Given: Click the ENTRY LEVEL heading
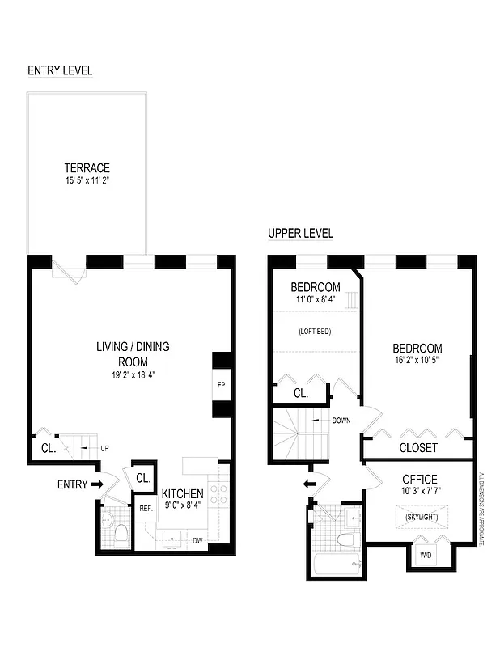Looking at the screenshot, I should pyautogui.click(x=60, y=70).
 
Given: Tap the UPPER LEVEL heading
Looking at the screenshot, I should pyautogui.click(x=300, y=234).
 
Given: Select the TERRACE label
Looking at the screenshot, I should pyautogui.click(x=87, y=168).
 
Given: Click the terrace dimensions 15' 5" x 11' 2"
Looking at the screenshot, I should pyautogui.click(x=87, y=181).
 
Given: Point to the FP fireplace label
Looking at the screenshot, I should pyautogui.click(x=221, y=385).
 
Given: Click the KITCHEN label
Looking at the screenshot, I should pyautogui.click(x=182, y=494).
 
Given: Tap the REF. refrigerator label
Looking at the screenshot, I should pyautogui.click(x=146, y=509).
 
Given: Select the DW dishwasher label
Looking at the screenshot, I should pyautogui.click(x=197, y=540).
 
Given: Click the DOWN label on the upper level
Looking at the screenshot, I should pyautogui.click(x=341, y=421).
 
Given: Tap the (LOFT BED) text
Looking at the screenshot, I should pyautogui.click(x=316, y=332).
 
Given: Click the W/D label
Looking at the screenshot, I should pyautogui.click(x=426, y=556).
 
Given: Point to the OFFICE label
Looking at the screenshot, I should pyautogui.click(x=419, y=480).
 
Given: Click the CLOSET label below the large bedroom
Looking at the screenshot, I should pyautogui.click(x=418, y=447).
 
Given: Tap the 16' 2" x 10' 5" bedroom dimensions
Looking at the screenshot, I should pyautogui.click(x=417, y=362).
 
